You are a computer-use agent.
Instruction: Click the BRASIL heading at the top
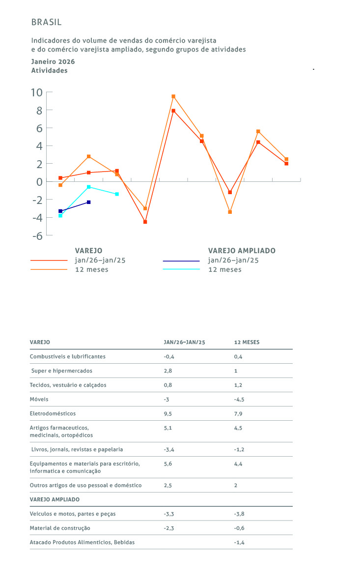coord(46,22)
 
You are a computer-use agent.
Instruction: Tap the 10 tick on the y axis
coord(36,92)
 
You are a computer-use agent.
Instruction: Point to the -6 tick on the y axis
coord(36,235)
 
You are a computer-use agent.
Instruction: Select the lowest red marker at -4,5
coord(145,222)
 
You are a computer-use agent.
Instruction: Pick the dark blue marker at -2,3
coord(89,202)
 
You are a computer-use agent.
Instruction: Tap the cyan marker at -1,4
coord(117,194)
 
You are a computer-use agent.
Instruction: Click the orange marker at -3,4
coord(230,212)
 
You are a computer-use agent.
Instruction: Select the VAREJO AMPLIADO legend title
coord(242,251)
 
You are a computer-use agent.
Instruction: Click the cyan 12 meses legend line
coord(181,269)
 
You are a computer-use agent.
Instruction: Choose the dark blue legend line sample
coord(181,261)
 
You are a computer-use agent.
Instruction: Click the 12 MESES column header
coord(247,342)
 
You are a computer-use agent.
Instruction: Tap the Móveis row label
coord(39,399)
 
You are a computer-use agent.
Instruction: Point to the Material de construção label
coord(60,528)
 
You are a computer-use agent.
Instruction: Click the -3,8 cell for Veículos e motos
coord(240,514)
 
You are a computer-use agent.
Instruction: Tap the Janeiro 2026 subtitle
coord(53,62)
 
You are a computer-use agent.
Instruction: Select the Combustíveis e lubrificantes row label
coord(68,356)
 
